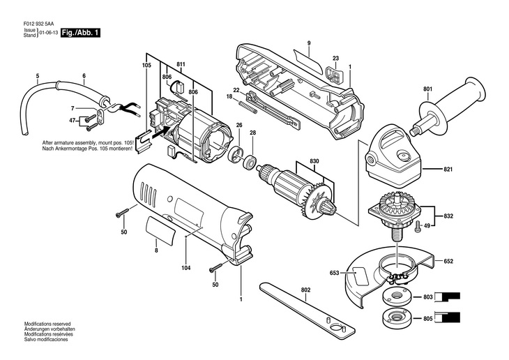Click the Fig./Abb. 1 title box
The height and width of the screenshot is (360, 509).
pos(80,33)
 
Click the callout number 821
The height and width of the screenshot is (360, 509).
pos(448,169)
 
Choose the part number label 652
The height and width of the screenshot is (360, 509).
pos(448,261)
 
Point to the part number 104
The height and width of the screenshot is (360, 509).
pos(185,267)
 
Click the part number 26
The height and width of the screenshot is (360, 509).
pos(238,125)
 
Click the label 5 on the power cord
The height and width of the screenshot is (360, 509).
pos(38,75)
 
